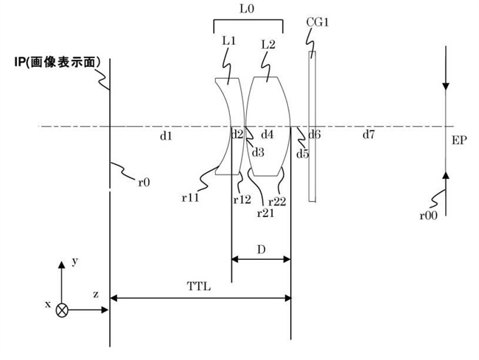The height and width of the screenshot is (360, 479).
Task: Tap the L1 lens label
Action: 229,43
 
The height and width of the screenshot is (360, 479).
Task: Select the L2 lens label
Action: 268,44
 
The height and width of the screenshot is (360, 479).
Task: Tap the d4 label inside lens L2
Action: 268,135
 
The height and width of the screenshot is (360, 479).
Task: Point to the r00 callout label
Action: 427,216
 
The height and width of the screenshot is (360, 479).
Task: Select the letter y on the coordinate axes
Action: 74,261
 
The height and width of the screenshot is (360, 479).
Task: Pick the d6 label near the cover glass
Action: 315,135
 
